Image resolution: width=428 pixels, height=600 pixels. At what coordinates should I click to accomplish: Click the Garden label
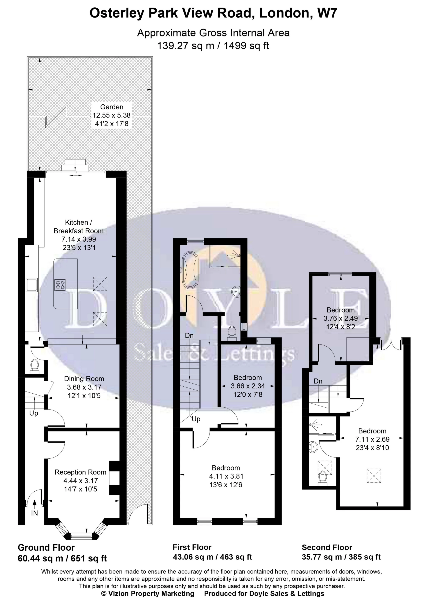112,107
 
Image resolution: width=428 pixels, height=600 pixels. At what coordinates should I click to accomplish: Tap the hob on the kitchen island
60,284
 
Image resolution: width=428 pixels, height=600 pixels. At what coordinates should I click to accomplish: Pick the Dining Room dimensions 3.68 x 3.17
84,387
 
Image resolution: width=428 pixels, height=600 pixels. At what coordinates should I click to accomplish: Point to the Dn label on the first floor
189,336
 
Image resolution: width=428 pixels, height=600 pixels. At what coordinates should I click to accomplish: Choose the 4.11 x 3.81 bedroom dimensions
226,476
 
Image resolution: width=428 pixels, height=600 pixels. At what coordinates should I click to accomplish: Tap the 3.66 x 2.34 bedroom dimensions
248,386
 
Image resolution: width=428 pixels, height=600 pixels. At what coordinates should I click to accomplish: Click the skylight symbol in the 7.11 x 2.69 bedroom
374,476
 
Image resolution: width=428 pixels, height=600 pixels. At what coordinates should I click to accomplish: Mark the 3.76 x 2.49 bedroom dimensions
340,318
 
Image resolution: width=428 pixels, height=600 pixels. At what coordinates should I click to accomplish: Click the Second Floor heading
327,547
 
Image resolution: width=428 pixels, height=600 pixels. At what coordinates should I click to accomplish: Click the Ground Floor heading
46,547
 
